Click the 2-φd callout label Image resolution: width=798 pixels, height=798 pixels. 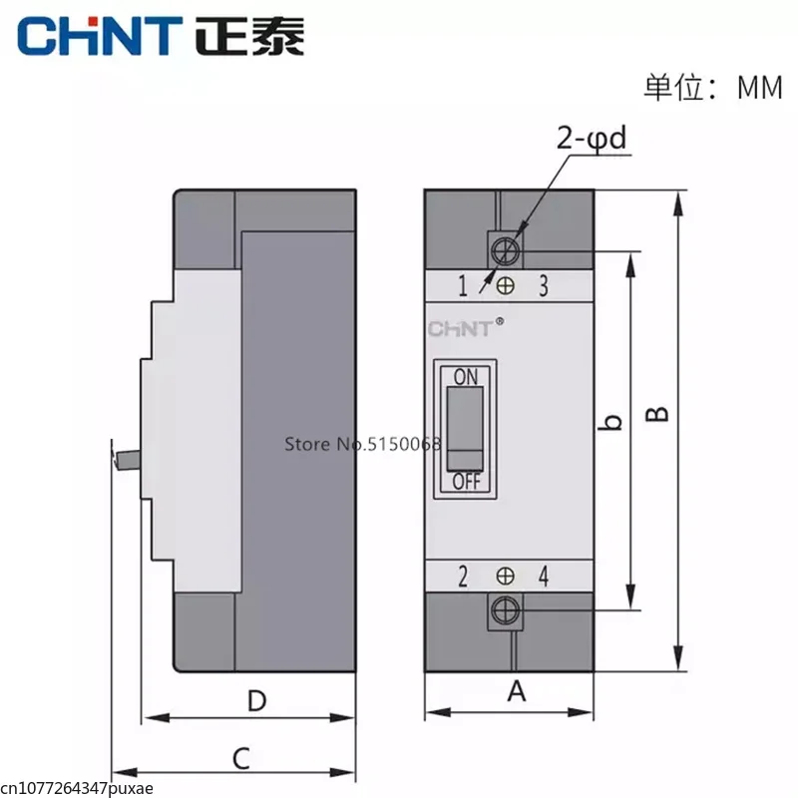(x=593, y=140)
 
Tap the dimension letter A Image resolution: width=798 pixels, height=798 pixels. (x=516, y=690)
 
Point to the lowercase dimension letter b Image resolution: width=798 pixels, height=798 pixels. (x=612, y=422)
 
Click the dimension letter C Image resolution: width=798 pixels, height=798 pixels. (x=239, y=758)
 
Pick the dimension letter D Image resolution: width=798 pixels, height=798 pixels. (x=257, y=701)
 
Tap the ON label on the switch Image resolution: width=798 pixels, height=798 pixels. (x=466, y=376)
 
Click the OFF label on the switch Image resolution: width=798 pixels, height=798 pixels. (x=466, y=482)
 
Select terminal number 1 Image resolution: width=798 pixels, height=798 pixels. (x=463, y=287)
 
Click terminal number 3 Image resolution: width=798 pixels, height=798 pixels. (x=543, y=286)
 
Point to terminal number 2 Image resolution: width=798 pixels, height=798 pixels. (x=463, y=576)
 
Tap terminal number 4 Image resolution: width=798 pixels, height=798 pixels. (x=544, y=576)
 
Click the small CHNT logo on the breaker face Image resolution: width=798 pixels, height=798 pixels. (x=461, y=329)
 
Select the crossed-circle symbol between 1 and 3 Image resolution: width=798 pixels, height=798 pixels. (x=506, y=286)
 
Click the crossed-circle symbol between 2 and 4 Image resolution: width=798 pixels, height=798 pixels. (x=506, y=576)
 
